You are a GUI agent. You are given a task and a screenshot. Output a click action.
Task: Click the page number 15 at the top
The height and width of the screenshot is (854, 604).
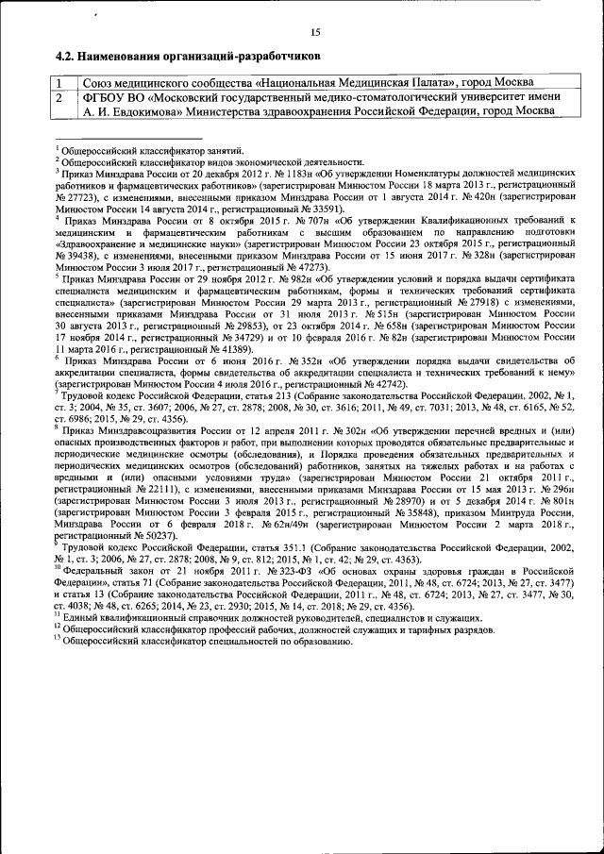click(x=315, y=32)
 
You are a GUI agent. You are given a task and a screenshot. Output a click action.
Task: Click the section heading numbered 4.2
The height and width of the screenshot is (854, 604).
click(x=175, y=57)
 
